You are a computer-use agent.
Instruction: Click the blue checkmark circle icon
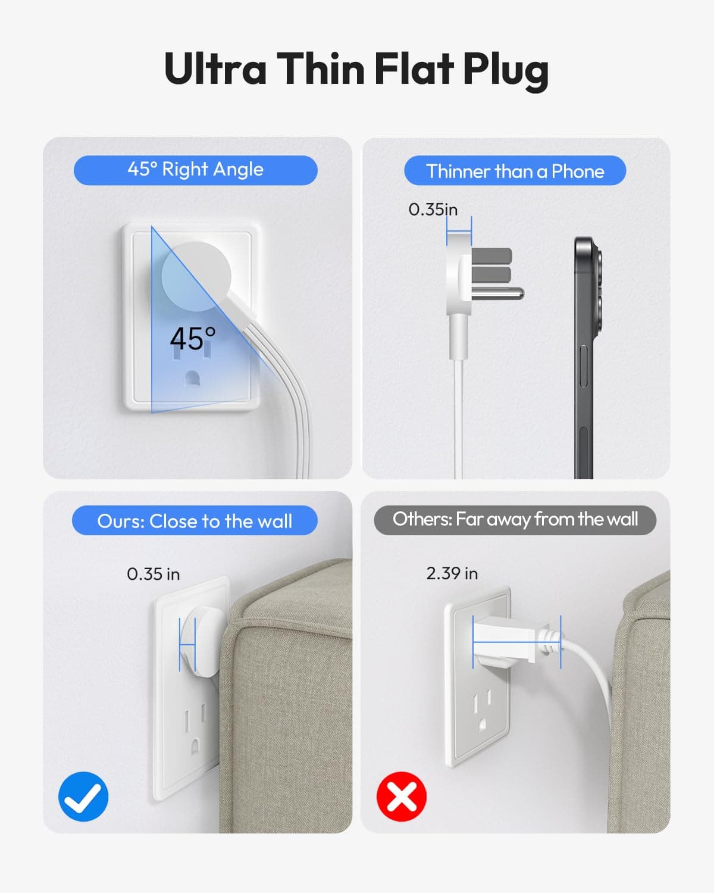(x=83, y=797)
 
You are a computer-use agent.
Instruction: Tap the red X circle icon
(x=401, y=797)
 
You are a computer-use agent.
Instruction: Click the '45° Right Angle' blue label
(x=195, y=170)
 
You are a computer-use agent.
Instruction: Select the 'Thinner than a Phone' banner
(x=515, y=170)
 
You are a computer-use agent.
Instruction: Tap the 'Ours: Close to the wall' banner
(x=195, y=520)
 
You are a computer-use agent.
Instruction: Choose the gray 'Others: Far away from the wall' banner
(x=515, y=520)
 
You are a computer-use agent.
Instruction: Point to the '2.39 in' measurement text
(x=452, y=573)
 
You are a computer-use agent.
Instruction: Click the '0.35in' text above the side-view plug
(x=433, y=210)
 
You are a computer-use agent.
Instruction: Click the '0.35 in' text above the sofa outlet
(x=153, y=574)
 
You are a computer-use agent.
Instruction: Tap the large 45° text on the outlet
(x=193, y=339)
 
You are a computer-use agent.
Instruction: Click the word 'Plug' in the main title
(x=506, y=70)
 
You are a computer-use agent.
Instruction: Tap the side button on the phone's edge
(x=583, y=366)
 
